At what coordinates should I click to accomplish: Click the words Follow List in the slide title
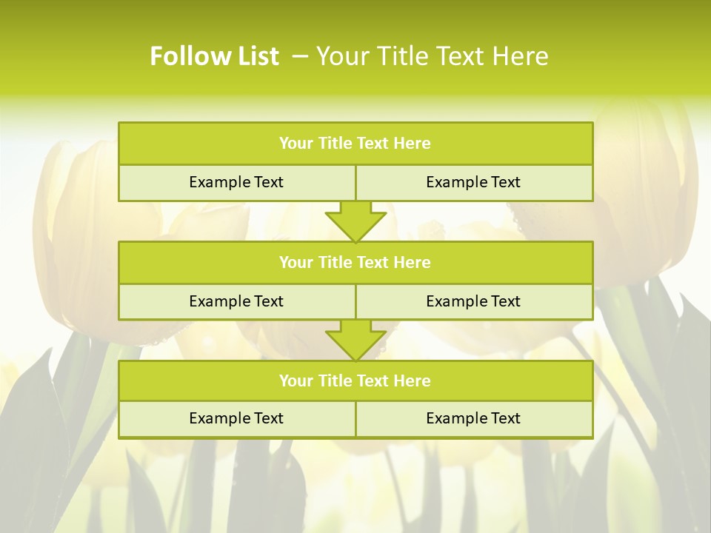click(x=214, y=56)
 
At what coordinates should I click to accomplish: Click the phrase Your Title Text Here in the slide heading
click(x=432, y=56)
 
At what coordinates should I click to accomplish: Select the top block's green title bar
click(x=355, y=144)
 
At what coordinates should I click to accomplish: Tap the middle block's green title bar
click(x=355, y=262)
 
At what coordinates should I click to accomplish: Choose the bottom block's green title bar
click(x=355, y=381)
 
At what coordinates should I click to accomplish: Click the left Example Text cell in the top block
click(x=236, y=182)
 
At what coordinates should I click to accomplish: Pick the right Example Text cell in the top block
click(x=473, y=182)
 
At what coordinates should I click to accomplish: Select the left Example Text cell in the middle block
click(x=236, y=301)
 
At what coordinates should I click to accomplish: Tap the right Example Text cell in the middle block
click(x=473, y=301)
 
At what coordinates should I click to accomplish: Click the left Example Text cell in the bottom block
click(x=236, y=418)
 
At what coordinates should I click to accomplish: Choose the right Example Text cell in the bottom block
click(x=473, y=418)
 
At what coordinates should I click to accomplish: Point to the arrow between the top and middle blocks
click(x=355, y=221)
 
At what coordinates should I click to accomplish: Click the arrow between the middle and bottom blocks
click(x=355, y=340)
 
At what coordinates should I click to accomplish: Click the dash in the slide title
click(x=300, y=56)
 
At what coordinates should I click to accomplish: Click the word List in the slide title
click(x=253, y=56)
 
